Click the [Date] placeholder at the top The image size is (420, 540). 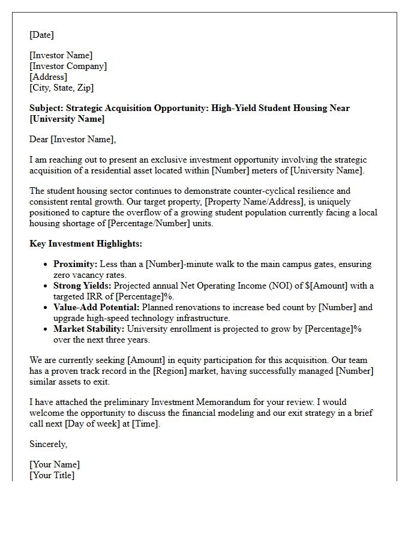click(41, 35)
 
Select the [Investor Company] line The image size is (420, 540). click(68, 66)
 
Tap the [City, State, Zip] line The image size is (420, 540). click(61, 88)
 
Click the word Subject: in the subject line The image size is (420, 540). click(46, 108)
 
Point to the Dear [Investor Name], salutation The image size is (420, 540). click(73, 139)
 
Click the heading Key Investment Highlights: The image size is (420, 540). click(86, 244)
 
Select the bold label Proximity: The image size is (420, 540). click(75, 264)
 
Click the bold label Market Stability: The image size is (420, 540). click(89, 329)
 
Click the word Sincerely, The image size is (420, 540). click(49, 444)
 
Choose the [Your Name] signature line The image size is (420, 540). click(55, 464)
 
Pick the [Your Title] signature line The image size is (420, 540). click(52, 475)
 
